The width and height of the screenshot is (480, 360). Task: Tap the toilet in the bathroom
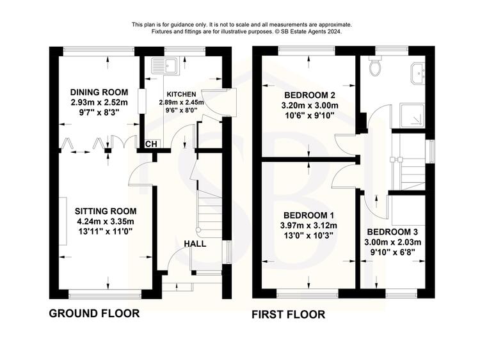[375, 65]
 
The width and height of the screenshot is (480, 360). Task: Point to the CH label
[151, 144]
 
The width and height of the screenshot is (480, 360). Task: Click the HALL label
[195, 244]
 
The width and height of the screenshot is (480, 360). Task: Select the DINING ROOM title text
[99, 92]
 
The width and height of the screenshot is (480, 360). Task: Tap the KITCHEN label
[181, 94]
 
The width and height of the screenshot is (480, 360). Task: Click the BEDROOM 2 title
[310, 95]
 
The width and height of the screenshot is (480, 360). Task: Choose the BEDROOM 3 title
[392, 232]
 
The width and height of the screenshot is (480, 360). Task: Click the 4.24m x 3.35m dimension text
[105, 221]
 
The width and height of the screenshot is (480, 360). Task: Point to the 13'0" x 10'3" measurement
[308, 235]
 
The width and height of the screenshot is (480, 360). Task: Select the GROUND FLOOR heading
[94, 313]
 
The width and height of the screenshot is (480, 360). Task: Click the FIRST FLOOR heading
[289, 315]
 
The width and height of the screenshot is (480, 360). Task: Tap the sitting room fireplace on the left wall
[63, 221]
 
